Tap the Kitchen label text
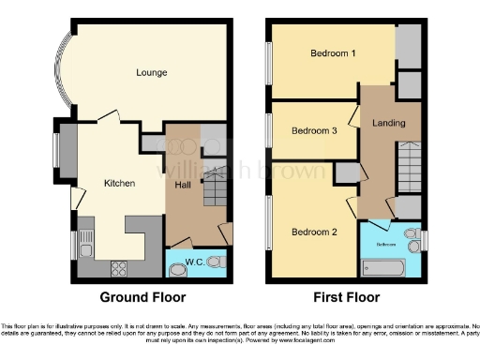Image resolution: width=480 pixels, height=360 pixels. pos(119,184)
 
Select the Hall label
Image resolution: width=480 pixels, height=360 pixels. pos(184,186)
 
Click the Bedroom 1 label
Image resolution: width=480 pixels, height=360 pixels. pos(333,53)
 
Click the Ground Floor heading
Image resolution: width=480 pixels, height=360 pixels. pos(142,297)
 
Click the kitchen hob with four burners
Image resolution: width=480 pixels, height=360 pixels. pos(120,267)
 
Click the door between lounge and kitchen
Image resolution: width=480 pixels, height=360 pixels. pos(110,116)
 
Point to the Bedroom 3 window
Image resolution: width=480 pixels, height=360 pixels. pos(267,130)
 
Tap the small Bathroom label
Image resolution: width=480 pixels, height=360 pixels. pos(386,243)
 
